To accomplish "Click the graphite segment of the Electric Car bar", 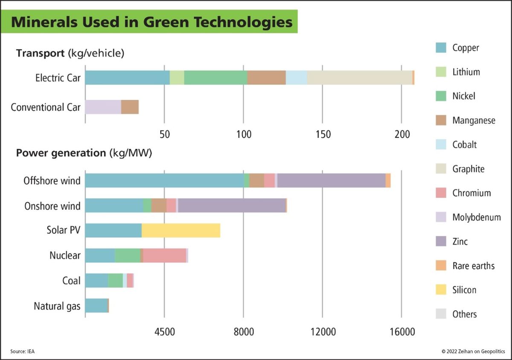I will point(359,78).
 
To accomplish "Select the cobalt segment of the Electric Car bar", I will point(296,78).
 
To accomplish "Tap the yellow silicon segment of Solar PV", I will point(181,230).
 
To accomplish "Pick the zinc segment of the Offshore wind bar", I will point(331,180).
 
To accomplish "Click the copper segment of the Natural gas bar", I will point(96,305).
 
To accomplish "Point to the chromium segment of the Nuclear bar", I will point(164,255).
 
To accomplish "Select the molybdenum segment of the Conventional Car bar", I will point(103,107).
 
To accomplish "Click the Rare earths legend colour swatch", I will point(441,266).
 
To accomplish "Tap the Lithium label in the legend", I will point(466,72).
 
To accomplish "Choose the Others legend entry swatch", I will point(441,314).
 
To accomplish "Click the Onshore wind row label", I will point(52,206).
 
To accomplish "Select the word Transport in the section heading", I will point(40,53).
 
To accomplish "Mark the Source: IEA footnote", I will point(22,351).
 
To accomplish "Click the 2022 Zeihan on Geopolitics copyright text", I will point(473,351).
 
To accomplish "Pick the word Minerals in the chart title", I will point(42,22).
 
